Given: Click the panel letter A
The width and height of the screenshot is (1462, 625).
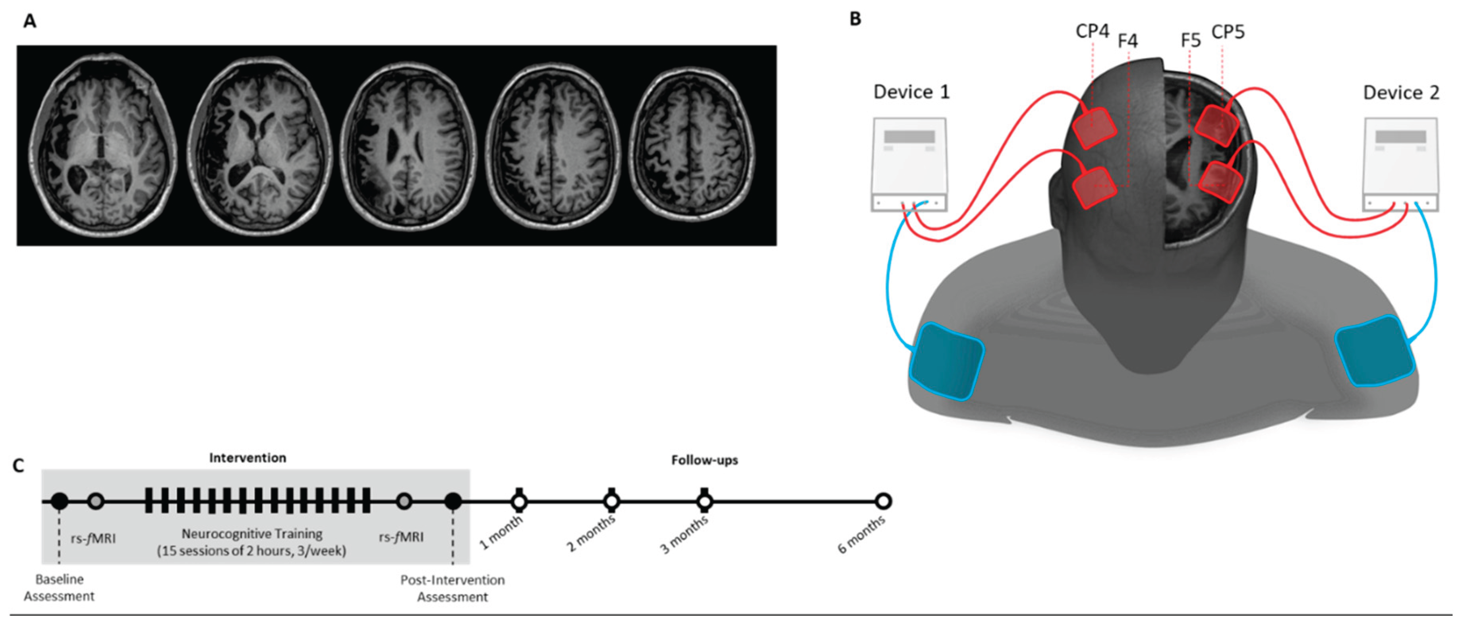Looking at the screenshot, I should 29,21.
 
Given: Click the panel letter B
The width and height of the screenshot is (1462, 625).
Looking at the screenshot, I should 855,19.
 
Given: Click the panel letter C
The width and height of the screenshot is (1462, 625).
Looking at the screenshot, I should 18,466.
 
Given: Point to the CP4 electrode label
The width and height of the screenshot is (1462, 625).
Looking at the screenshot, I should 1092,32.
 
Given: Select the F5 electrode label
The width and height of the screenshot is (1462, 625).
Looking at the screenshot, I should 1190,41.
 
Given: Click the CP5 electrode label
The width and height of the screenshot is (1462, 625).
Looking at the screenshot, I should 1228,32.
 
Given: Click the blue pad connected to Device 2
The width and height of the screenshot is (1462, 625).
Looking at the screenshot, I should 1375,352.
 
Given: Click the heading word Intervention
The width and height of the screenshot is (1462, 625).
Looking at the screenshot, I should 248,458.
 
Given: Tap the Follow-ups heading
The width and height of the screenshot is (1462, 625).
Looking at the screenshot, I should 704,460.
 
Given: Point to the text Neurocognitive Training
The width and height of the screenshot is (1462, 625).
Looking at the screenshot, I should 252,534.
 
